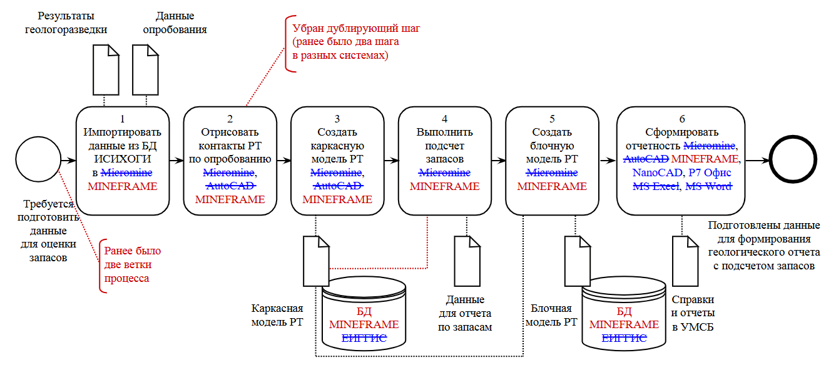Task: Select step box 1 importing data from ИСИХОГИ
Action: tap(123, 160)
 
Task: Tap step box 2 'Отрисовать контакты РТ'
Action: tap(230, 160)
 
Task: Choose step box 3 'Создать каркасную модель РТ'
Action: tap(337, 160)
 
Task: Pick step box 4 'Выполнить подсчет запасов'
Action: tap(444, 160)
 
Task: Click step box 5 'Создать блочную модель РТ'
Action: tap(552, 160)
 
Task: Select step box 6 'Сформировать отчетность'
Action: tap(681, 160)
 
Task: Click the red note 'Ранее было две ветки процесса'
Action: tap(132, 264)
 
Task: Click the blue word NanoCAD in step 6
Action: tap(656, 172)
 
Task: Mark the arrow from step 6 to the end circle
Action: tap(757, 160)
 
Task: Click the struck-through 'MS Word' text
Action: tap(709, 186)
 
